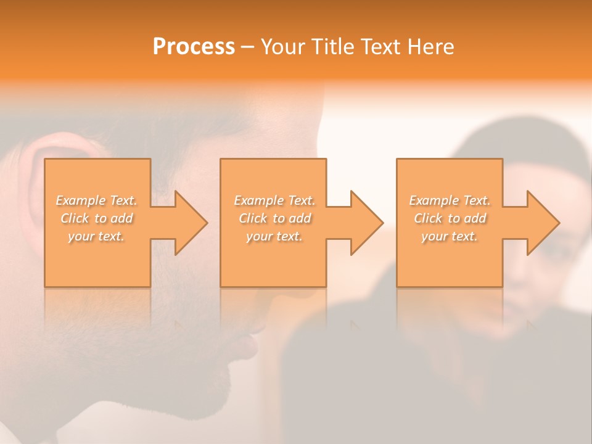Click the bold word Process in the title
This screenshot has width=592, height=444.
tap(194, 47)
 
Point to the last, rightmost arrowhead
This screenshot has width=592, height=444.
tap(542, 223)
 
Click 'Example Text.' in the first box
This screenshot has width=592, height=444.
tap(97, 200)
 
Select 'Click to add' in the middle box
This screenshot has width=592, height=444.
tap(274, 218)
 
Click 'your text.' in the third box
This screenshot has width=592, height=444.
tap(450, 236)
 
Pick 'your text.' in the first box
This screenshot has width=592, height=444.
tap(97, 236)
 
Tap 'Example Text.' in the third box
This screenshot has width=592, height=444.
tap(450, 200)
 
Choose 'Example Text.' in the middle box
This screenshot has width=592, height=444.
tap(274, 200)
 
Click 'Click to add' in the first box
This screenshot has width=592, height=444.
tap(97, 218)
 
